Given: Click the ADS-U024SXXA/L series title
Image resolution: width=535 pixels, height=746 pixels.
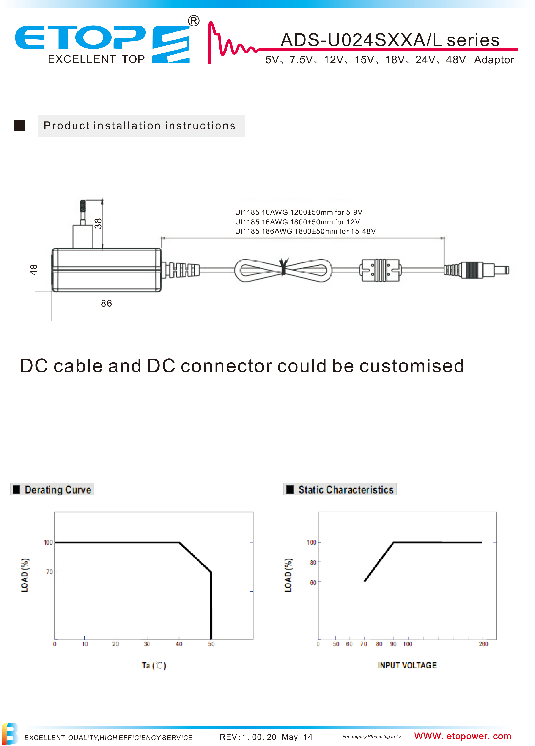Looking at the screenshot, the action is [x=390, y=40].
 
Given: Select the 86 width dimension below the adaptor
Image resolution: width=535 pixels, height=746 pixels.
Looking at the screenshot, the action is [x=106, y=303].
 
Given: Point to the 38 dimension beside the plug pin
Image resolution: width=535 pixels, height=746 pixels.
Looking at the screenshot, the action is [x=98, y=223].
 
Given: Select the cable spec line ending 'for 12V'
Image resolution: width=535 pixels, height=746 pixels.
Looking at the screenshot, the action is [x=297, y=222].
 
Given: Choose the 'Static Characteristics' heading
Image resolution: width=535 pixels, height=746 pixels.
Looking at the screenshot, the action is [x=346, y=490].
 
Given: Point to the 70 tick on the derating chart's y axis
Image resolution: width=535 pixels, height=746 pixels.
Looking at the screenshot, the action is [x=49, y=572].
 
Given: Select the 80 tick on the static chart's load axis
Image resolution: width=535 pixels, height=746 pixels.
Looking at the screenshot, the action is [x=313, y=562].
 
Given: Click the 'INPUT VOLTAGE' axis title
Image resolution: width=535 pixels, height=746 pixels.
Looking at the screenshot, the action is [x=407, y=665].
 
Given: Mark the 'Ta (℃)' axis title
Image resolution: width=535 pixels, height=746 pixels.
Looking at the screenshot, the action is [x=154, y=665].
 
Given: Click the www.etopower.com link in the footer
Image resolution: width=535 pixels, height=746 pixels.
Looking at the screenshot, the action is [x=463, y=736].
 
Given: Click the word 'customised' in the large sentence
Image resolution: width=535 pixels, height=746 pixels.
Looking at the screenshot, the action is [x=412, y=366].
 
